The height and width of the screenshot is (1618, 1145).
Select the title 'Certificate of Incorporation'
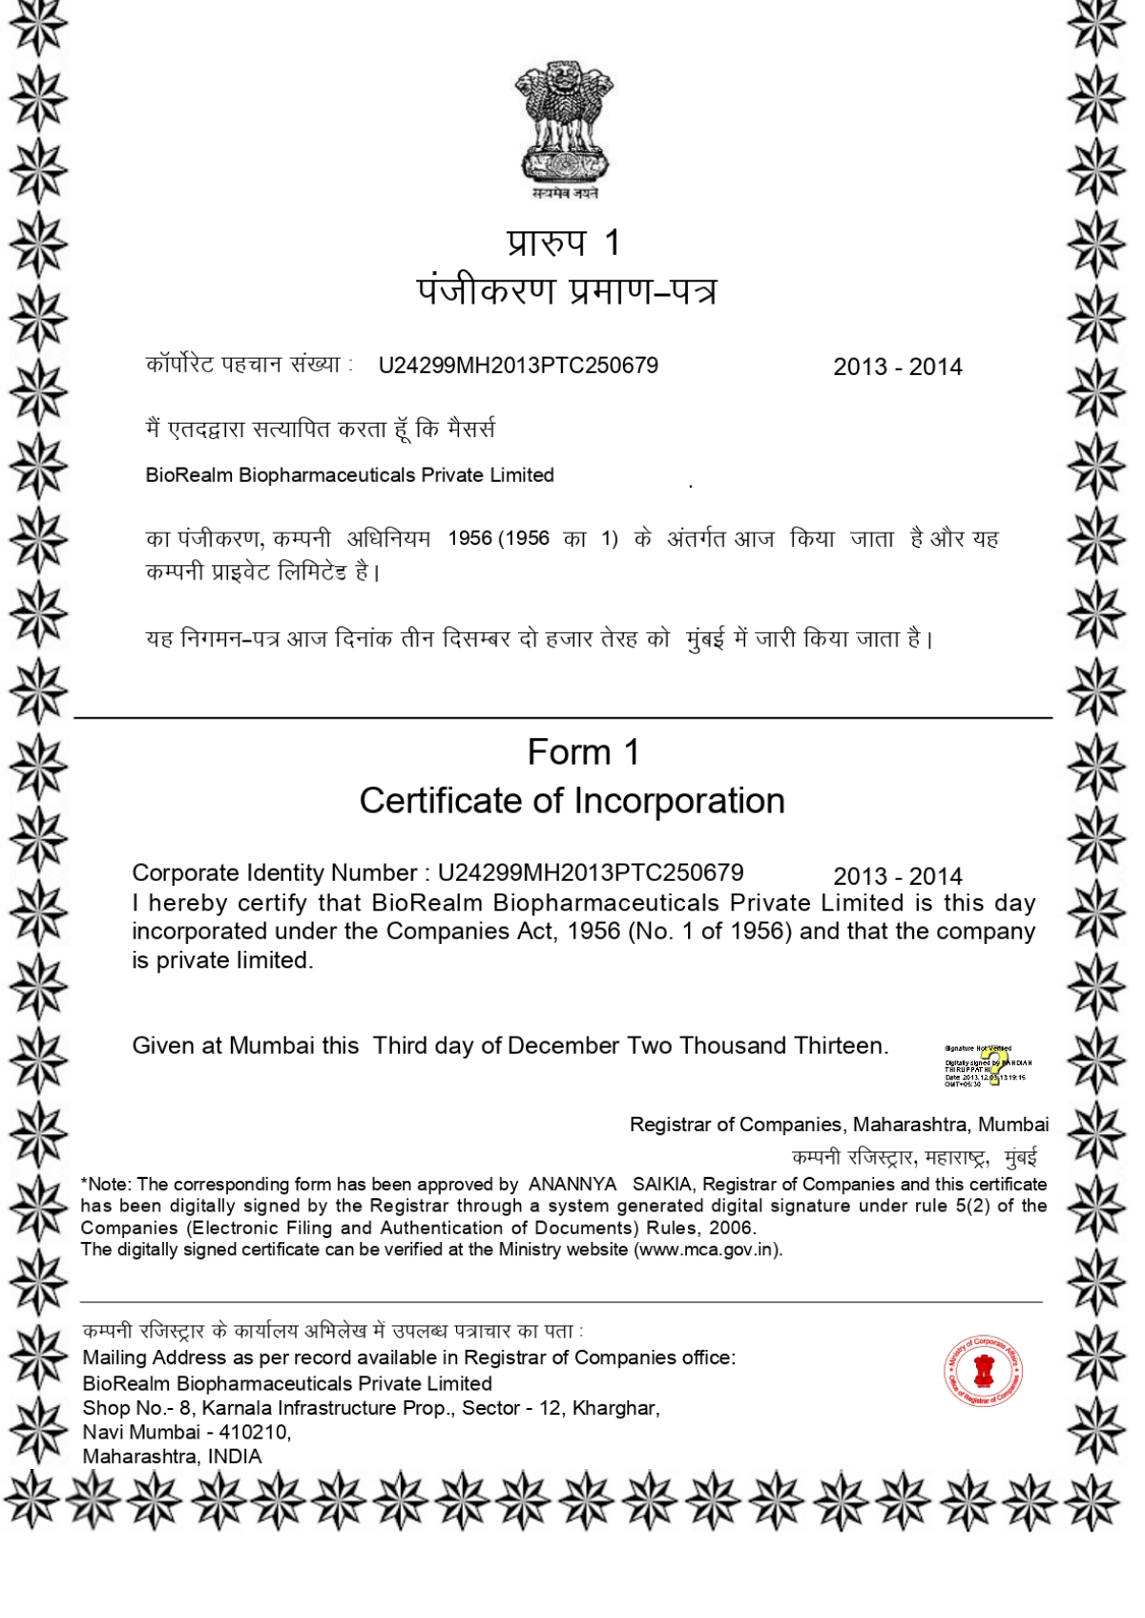point(572,801)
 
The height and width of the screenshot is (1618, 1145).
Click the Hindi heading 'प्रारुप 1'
point(564,242)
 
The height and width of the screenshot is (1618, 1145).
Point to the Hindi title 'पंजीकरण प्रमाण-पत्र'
point(566,290)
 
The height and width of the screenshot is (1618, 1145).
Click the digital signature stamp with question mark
point(989,1065)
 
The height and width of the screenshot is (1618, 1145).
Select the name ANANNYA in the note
point(572,1185)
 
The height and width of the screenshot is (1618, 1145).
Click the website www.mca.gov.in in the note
point(706,1250)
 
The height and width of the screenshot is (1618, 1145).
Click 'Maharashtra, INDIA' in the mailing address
point(172,1457)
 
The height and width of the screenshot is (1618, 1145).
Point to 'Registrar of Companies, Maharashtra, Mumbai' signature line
point(839,1124)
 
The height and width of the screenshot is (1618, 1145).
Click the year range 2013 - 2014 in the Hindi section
point(897,367)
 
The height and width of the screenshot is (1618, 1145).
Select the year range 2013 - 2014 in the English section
point(897,876)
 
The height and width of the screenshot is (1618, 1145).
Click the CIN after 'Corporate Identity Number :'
point(590,872)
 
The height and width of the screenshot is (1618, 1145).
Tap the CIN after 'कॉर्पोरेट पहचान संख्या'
point(518,366)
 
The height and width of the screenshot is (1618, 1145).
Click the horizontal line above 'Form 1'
point(563,717)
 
